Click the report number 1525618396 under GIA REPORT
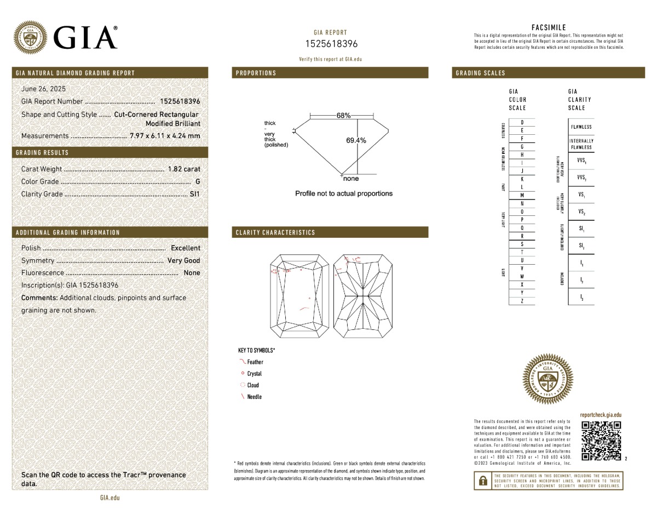click(x=331, y=44)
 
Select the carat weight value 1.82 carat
click(x=184, y=169)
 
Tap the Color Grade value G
click(x=197, y=181)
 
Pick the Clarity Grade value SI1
click(x=194, y=194)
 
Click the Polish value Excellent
click(x=186, y=248)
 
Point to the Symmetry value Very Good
click(x=183, y=261)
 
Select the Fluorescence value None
click(x=192, y=273)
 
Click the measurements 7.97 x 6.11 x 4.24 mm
click(x=165, y=136)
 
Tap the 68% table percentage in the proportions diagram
click(x=343, y=116)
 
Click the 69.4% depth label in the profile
click(x=356, y=140)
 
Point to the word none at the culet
click(x=351, y=179)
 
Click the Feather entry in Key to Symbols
click(x=255, y=362)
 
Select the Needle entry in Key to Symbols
click(x=254, y=397)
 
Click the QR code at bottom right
click(x=601, y=441)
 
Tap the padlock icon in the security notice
click(x=483, y=481)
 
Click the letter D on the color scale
click(x=522, y=122)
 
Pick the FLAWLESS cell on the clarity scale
click(x=580, y=127)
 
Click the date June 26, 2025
click(x=43, y=89)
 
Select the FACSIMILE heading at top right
click(x=549, y=27)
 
